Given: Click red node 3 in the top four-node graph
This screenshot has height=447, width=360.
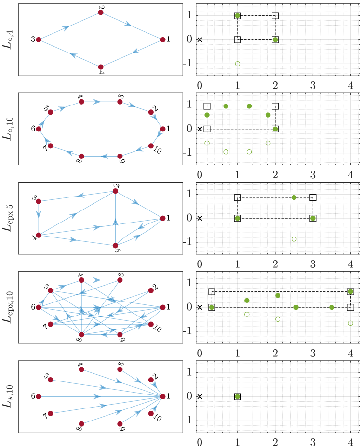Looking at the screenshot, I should click(x=39, y=39).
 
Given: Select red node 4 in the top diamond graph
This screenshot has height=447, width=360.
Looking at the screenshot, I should click(x=101, y=67).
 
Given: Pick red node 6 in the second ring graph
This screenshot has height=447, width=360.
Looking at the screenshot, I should click(x=39, y=129).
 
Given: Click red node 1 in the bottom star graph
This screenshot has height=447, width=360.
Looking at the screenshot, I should click(x=163, y=396).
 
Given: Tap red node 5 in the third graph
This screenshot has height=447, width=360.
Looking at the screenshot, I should click(x=115, y=245).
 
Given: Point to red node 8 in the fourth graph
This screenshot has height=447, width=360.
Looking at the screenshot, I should click(x=81, y=334).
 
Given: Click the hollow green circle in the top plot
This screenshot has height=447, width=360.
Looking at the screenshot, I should click(x=237, y=64).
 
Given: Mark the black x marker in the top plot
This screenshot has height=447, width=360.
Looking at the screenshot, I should click(x=200, y=39).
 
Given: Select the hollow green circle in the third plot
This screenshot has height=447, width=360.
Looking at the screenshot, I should click(x=294, y=239).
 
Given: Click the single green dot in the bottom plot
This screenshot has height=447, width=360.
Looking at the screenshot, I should click(x=237, y=396).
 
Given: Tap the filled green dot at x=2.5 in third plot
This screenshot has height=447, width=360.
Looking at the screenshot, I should click(x=294, y=197).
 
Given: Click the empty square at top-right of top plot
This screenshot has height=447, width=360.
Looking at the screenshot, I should click(x=275, y=16).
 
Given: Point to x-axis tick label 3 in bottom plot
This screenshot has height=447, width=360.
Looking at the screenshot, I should click(x=313, y=441).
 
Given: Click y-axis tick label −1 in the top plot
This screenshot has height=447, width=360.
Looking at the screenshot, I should click(x=190, y=64).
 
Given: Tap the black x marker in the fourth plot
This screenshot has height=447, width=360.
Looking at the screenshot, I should click(x=200, y=307).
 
